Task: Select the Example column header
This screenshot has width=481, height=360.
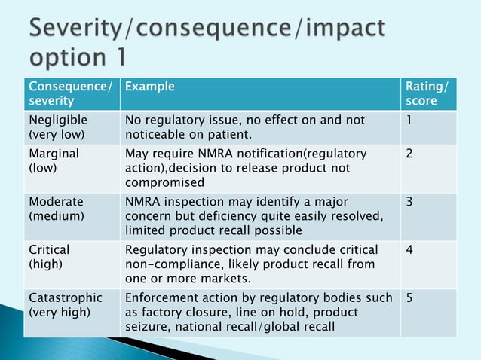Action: point(149,87)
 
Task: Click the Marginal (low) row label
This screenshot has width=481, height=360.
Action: point(54,160)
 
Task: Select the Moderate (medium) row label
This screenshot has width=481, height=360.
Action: point(57,209)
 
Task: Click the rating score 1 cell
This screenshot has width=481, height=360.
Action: point(409,121)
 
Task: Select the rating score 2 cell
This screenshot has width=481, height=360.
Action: point(409,154)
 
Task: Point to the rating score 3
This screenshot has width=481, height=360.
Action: point(409,202)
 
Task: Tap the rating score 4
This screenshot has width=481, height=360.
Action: point(409,249)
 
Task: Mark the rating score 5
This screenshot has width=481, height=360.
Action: point(409,297)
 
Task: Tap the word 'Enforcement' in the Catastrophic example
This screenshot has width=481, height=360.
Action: point(161,297)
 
